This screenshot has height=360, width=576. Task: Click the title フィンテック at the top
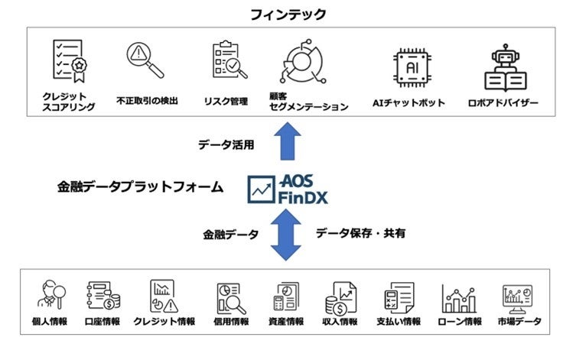[288, 14]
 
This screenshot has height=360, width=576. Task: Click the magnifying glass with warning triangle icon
[145, 61]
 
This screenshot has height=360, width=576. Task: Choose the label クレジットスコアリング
[70, 102]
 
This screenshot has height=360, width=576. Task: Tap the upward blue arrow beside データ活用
[288, 141]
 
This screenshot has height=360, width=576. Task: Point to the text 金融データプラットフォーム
[141, 186]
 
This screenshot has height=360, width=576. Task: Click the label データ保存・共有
[360, 233]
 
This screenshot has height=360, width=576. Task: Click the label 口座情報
[104, 322]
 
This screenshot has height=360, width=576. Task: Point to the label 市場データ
[520, 322]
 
